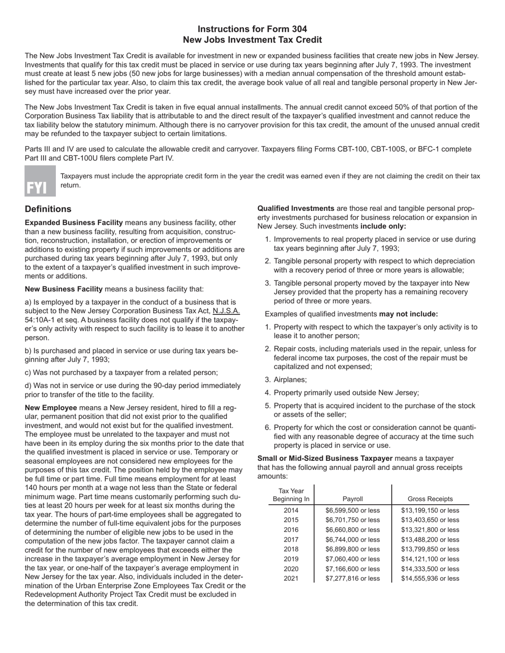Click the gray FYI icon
pos(40,181)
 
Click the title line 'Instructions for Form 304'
pos(252,29)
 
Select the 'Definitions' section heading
pos(48,209)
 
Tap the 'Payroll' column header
pos(352,499)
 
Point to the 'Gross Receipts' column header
pos(430,499)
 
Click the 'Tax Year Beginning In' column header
pos(291,495)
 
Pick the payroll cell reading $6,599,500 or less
pos(352,511)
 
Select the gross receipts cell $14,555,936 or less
pos(430,579)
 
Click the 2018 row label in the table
pos(291,549)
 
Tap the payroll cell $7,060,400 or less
pos(352,559)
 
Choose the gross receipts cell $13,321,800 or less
pos(430,530)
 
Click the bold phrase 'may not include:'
pos(408,314)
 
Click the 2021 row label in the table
pos(291,579)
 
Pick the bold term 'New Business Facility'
pos(64,289)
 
